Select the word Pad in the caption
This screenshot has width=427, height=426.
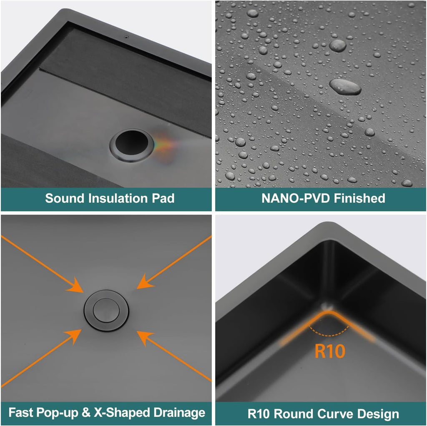point(163,198)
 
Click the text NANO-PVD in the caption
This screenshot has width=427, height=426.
point(296,198)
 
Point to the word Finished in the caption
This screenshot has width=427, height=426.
point(359,198)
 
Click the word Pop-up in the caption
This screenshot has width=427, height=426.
point(57,413)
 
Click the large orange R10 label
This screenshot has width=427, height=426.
point(330,351)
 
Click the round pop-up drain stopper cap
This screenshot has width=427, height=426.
point(106,310)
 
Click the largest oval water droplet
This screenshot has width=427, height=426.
point(345,87)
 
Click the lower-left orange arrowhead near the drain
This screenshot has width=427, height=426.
point(73,337)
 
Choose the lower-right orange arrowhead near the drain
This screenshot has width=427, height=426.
point(145,339)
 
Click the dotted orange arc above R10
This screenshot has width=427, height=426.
point(329,335)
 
